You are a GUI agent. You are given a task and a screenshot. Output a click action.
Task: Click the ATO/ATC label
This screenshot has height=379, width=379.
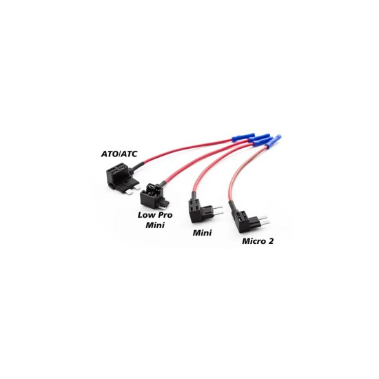tap(119, 154)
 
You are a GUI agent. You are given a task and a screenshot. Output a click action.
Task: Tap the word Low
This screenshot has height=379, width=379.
tap(147, 215)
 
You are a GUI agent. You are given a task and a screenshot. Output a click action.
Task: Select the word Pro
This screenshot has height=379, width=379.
tap(165, 215)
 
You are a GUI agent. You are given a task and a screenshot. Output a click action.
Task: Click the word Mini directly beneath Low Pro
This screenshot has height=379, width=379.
tap(155, 225)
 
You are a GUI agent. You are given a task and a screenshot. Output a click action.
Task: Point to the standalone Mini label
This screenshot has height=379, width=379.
tap(202, 233)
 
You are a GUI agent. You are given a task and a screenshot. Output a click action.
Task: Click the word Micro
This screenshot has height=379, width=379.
tap(254, 241)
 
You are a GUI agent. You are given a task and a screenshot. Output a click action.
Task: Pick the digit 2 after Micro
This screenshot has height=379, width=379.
tap(271, 241)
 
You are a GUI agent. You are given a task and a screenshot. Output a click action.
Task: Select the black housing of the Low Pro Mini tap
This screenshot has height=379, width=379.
tap(152, 196)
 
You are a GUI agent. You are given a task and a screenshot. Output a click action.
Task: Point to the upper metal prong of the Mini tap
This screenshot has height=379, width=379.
tap(218, 208)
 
